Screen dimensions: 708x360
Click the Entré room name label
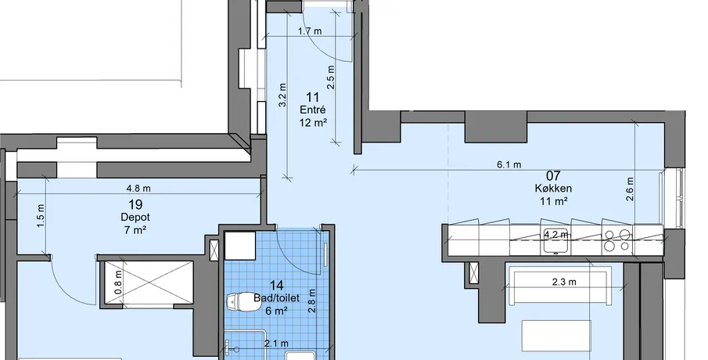[312, 110]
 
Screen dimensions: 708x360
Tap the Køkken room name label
[553, 188]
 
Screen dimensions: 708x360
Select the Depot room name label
[135, 218]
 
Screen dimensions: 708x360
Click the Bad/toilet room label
[276, 298]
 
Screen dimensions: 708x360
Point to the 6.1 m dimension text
[509, 165]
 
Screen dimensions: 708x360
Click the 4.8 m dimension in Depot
[138, 188]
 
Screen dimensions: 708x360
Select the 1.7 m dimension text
[310, 31]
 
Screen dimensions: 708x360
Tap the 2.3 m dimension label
[564, 283]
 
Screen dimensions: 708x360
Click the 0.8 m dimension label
[118, 283]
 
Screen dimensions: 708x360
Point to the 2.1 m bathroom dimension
[276, 344]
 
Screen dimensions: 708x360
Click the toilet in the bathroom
[243, 302]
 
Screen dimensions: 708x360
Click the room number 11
[312, 97]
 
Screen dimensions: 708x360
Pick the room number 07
[553, 175]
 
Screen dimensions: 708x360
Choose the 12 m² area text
[312, 122]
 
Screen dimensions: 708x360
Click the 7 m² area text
[135, 229]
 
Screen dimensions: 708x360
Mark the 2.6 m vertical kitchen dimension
[631, 189]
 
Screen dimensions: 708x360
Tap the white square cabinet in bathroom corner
[239, 246]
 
